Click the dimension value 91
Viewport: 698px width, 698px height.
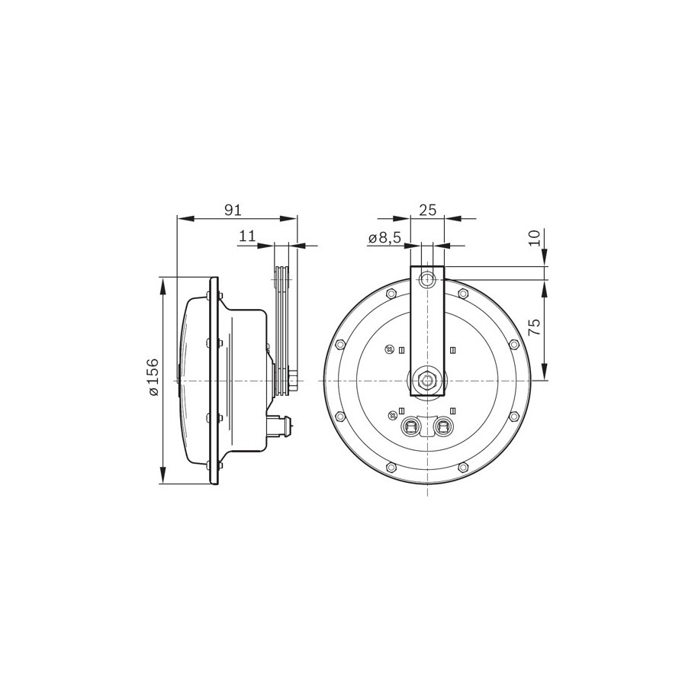[x=233, y=210]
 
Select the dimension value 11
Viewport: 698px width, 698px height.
[x=247, y=236]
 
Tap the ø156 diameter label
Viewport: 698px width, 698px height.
[x=153, y=376]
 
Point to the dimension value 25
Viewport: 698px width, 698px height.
[x=427, y=210]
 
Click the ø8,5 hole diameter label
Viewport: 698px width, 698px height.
[x=385, y=238]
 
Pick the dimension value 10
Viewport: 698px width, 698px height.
[x=535, y=238]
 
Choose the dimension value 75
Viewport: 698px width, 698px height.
[x=535, y=327]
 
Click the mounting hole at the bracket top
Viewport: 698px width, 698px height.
[x=427, y=279]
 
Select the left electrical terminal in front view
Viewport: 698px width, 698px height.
[x=410, y=426]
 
